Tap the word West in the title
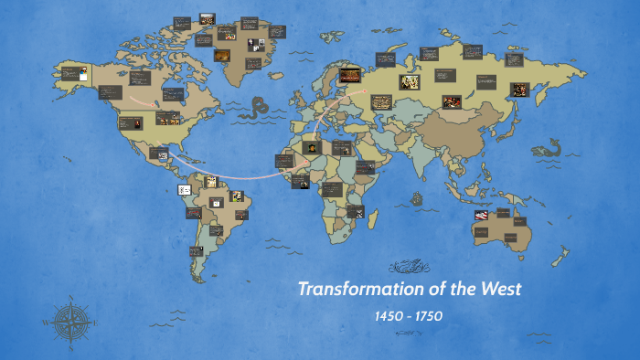pyautogui.click(x=500, y=290)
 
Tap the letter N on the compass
pyautogui.click(x=70, y=298)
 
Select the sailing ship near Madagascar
pyautogui.click(x=418, y=196)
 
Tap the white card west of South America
pyautogui.click(x=184, y=189)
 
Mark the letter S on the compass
pyautogui.click(x=70, y=346)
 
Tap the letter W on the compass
pyautogui.click(x=46, y=322)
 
